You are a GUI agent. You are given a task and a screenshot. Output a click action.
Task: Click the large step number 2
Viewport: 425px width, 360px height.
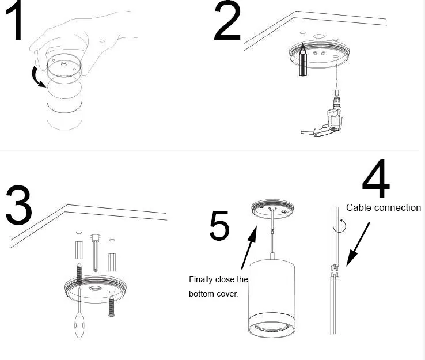pos(227,21)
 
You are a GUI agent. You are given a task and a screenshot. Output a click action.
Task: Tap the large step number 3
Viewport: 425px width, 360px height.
pos(18,204)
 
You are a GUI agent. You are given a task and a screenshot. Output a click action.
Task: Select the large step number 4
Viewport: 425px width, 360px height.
pos(375,179)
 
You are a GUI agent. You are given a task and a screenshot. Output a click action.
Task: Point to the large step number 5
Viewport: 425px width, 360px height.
pos(219,225)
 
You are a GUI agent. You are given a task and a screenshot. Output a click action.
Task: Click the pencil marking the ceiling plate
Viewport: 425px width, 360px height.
pos(303,59)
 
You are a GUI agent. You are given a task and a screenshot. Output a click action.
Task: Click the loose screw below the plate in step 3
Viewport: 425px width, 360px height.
pos(112,306)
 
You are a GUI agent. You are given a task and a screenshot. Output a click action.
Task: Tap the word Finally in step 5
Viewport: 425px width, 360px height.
pos(199,280)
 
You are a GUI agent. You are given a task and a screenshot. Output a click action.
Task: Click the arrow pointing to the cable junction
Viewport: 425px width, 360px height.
pos(358,244)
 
